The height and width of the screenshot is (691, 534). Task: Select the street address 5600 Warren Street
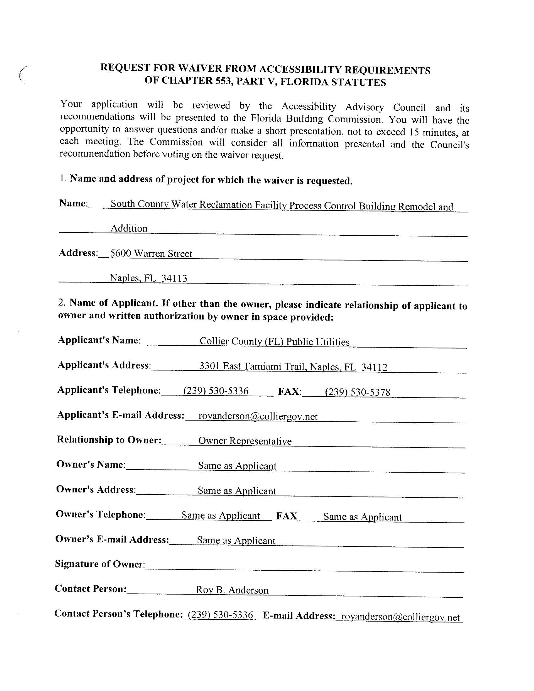pyautogui.click(x=151, y=254)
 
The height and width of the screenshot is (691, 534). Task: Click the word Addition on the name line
pyautogui.click(x=129, y=228)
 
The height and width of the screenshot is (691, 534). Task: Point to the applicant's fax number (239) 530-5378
pyautogui.click(x=357, y=392)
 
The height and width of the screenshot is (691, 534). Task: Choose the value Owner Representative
pyautogui.click(x=245, y=441)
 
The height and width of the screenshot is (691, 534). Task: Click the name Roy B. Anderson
pyautogui.click(x=232, y=590)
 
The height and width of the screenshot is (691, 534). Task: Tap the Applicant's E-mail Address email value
pyautogui.click(x=258, y=416)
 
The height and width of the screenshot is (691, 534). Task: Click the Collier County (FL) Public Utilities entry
pyautogui.click(x=274, y=342)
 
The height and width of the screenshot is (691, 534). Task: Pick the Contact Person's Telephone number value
pyautogui.click(x=221, y=615)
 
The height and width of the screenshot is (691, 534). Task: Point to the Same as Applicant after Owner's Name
pyautogui.click(x=237, y=466)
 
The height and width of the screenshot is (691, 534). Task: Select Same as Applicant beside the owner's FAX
pyautogui.click(x=362, y=517)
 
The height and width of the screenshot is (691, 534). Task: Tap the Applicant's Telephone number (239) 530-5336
pyautogui.click(x=216, y=391)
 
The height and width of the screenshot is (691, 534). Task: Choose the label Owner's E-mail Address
pyautogui.click(x=112, y=539)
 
